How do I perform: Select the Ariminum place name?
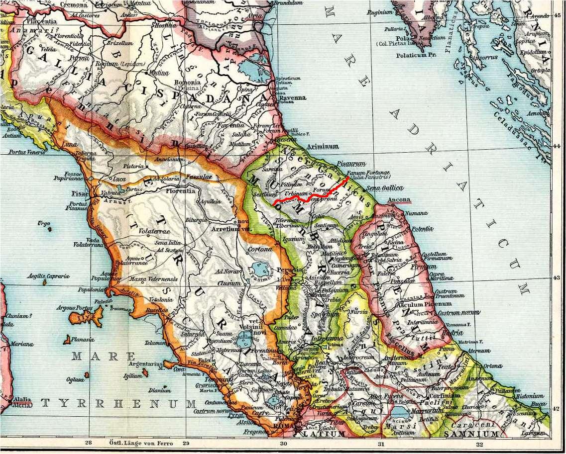coord(323,146)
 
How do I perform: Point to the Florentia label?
coord(183,190)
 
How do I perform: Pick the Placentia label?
coord(39,22)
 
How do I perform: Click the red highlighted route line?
coord(319,195)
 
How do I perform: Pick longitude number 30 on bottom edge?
coord(283,444)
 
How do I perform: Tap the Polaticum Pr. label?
coord(416,55)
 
